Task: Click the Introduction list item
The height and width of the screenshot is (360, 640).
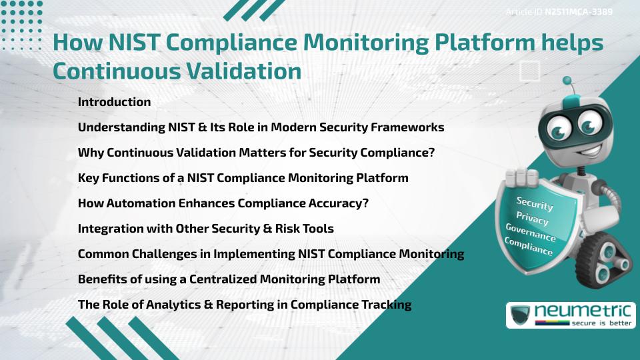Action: pos(114,102)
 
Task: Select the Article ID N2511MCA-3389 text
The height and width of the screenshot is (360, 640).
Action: pos(559,11)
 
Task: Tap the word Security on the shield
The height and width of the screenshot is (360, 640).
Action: pos(535,203)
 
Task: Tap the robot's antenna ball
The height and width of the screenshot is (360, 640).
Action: pos(568,81)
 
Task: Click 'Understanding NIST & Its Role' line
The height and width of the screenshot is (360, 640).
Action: pos(261,127)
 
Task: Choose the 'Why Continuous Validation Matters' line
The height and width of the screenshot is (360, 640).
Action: pos(256,153)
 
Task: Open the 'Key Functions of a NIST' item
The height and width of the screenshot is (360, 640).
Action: pos(243,178)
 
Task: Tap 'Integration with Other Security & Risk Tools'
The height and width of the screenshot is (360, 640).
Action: pos(206,229)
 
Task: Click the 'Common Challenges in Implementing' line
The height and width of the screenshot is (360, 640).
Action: pos(271,254)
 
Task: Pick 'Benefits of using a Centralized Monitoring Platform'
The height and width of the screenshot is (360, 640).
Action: pos(229,279)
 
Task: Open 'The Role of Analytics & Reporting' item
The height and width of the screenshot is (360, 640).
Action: pos(245,305)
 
